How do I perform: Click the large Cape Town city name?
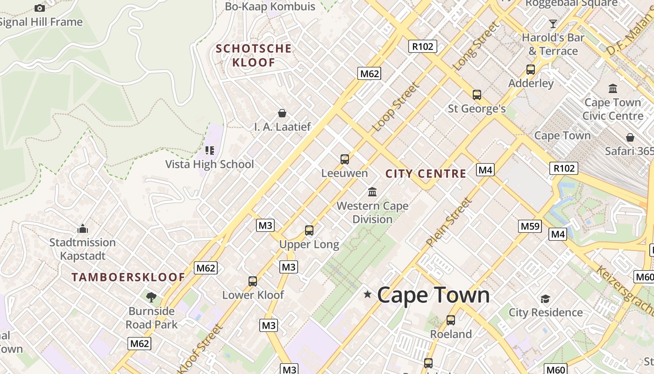(433, 295)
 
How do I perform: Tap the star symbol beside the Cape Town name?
(368, 294)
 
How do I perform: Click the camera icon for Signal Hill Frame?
(40, 8)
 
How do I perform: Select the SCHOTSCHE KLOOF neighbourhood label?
(254, 55)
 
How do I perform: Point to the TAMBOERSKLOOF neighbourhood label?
(128, 277)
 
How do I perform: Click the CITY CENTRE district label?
(426, 174)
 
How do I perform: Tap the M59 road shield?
(530, 226)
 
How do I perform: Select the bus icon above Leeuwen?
(345, 159)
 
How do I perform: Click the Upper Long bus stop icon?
(309, 230)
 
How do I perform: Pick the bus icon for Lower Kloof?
(253, 281)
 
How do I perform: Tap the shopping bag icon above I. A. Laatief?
(282, 113)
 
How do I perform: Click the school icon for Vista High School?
(210, 151)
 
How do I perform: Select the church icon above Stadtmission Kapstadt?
(83, 229)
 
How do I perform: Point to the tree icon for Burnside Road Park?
(151, 297)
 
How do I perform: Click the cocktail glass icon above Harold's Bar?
(553, 24)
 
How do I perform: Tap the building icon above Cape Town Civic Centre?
(612, 88)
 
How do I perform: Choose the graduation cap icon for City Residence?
(545, 299)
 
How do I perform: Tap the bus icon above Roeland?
(451, 320)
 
